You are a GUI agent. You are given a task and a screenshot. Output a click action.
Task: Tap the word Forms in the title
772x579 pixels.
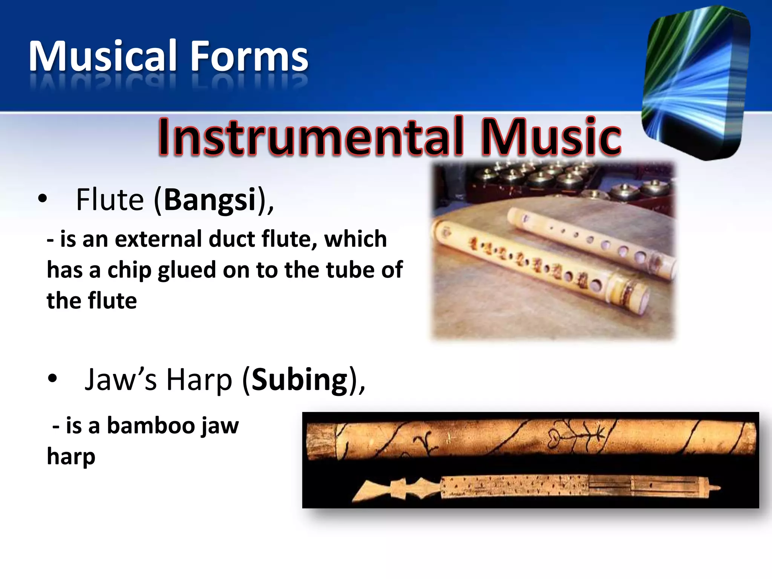click(x=249, y=57)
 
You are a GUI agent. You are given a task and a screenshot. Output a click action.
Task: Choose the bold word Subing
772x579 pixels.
click(x=300, y=380)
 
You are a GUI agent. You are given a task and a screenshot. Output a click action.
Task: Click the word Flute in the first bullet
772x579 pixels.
click(x=110, y=200)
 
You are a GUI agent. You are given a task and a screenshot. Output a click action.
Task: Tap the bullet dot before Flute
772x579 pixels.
click(x=43, y=198)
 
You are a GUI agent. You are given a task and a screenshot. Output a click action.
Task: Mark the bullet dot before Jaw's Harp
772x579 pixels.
click(x=52, y=378)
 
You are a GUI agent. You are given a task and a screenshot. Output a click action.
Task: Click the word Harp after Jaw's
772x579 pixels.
click(x=199, y=380)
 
